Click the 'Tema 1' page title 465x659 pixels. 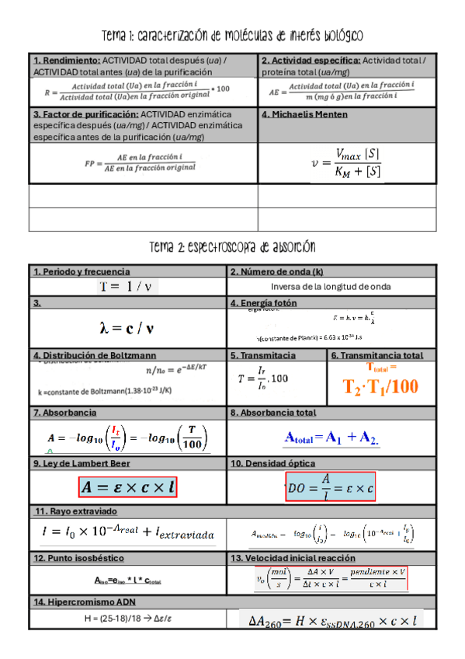[232, 37]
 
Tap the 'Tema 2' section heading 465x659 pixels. [232, 247]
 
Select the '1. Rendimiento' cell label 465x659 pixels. [67, 60]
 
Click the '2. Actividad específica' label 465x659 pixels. [310, 60]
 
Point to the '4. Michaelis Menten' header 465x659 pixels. [304, 114]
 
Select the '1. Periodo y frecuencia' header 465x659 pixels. [78, 272]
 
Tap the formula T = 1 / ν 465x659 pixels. [128, 287]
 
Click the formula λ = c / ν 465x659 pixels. [128, 329]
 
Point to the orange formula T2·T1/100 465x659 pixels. [381, 386]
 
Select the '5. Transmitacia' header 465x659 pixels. [263, 355]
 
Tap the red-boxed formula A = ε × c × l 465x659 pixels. [128, 486]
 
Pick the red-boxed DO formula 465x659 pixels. [331, 487]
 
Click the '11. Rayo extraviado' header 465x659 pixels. [75, 511]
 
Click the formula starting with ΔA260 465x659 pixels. [333, 620]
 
